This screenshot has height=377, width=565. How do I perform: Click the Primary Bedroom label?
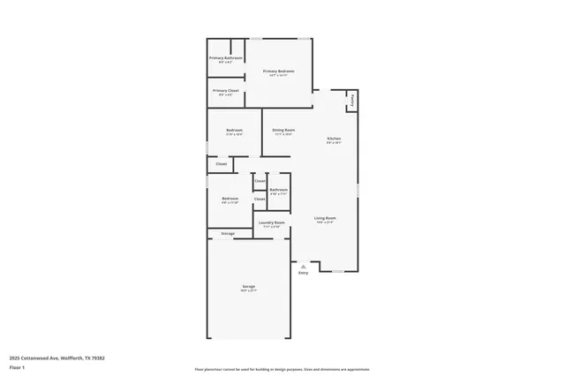point(279,71)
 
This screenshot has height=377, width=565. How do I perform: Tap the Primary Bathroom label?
point(226,58)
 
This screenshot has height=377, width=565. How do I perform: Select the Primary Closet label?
point(226,90)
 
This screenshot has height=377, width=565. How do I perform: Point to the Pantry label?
point(352,99)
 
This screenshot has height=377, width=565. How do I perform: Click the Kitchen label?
point(334,139)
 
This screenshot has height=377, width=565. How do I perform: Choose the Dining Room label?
point(283,130)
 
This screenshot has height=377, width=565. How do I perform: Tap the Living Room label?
point(325,218)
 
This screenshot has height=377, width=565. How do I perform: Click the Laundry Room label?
point(271,222)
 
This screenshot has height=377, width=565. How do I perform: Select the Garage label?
point(249,287)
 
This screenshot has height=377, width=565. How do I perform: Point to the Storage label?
point(228,233)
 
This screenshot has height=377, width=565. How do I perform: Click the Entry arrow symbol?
point(304,265)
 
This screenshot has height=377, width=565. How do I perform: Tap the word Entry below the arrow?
point(304,273)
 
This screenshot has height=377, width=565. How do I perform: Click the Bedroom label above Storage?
point(230,199)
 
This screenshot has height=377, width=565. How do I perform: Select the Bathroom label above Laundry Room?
point(279,189)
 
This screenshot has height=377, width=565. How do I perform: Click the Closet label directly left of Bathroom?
point(260,181)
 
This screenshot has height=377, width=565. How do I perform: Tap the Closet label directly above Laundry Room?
point(260,199)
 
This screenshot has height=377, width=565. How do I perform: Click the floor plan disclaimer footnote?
point(282,369)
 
